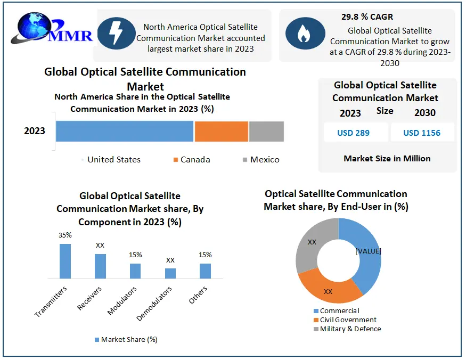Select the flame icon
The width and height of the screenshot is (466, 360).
pyautogui.click(x=305, y=33)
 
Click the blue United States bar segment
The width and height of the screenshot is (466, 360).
pyautogui.click(x=125, y=131)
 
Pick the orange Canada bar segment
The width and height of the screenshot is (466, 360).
pyautogui.click(x=222, y=131)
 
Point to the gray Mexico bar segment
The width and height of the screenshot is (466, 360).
pyautogui.click(x=266, y=131)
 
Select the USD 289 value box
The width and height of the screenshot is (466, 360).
pyautogui.click(x=354, y=133)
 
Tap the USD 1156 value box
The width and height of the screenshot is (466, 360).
pyautogui.click(x=422, y=133)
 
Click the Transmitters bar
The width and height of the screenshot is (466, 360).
pyautogui.click(x=65, y=261)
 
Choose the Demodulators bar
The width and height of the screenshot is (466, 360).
pyautogui.click(x=170, y=273)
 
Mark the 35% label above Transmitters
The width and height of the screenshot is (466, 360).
pyautogui.click(x=65, y=235)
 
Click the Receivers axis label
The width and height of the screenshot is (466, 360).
pyautogui.click(x=89, y=298)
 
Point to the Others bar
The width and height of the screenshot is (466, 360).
pyautogui.click(x=206, y=271)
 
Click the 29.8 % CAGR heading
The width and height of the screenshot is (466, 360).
pyautogui.click(x=367, y=17)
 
